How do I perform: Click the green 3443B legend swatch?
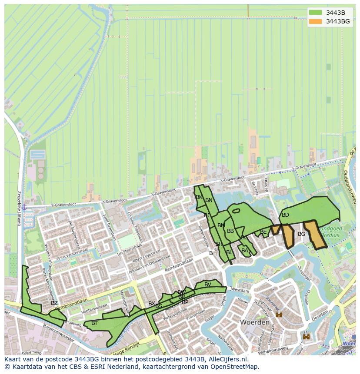[316, 13]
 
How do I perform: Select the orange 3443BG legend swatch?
[316, 21]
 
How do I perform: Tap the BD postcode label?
[285, 215]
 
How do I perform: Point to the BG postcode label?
[302, 234]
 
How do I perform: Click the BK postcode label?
[199, 197]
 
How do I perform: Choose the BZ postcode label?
[54, 303]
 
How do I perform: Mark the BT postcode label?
[94, 323]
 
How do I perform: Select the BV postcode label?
[208, 285]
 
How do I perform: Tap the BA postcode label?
[245, 251]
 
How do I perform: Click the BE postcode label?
[263, 232]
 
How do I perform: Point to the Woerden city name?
[254, 323]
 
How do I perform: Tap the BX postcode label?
[151, 304]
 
